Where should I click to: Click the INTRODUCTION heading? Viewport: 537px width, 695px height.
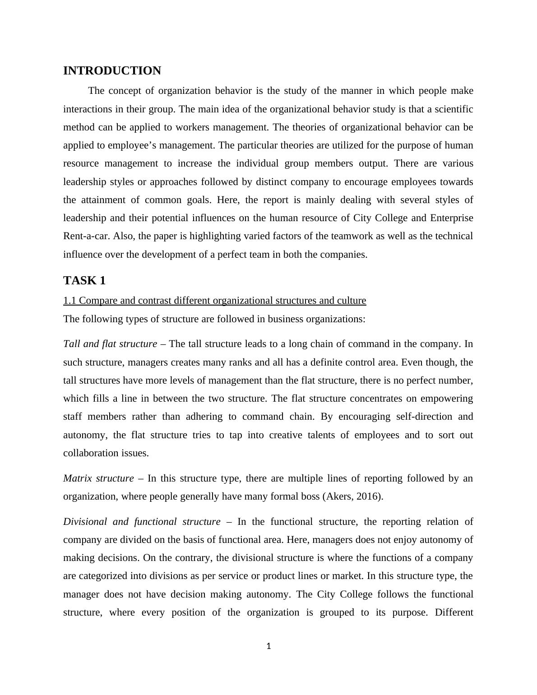click(x=112, y=71)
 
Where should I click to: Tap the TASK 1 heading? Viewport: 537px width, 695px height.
click(x=84, y=281)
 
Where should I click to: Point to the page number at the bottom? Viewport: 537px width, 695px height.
click(x=268, y=646)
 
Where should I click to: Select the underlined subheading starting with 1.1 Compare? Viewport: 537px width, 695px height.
click(x=214, y=301)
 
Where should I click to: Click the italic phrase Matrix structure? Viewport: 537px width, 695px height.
click(x=98, y=478)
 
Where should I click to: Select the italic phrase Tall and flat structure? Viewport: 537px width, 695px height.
click(x=110, y=344)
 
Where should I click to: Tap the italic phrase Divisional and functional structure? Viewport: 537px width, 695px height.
click(x=142, y=522)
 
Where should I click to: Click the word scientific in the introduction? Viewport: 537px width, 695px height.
click(x=454, y=109)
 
